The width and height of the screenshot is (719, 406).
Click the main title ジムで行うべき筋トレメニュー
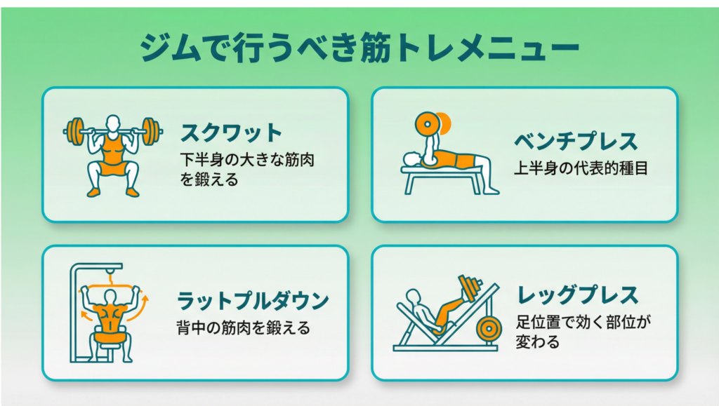[x=360, y=47]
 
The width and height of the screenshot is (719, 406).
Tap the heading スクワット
[x=231, y=133]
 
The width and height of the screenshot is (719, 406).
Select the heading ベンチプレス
[x=576, y=141]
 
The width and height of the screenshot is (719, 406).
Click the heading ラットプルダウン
[x=253, y=301]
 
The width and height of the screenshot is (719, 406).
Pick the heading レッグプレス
[x=578, y=295]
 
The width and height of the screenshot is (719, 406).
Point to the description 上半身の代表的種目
[x=581, y=168]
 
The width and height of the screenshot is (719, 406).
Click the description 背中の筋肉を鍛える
[x=244, y=327]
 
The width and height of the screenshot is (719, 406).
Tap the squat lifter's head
[x=113, y=124]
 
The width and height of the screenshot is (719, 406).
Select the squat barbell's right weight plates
[x=150, y=132]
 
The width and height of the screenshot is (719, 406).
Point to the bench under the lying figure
[x=441, y=180]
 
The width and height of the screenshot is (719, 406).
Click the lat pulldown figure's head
[x=110, y=297]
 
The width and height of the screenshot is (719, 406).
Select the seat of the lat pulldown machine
[x=110, y=338]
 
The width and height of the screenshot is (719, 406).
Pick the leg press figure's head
[x=413, y=297]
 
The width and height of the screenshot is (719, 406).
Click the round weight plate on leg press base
[x=489, y=328]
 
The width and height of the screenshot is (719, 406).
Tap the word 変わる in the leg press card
[x=537, y=342]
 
